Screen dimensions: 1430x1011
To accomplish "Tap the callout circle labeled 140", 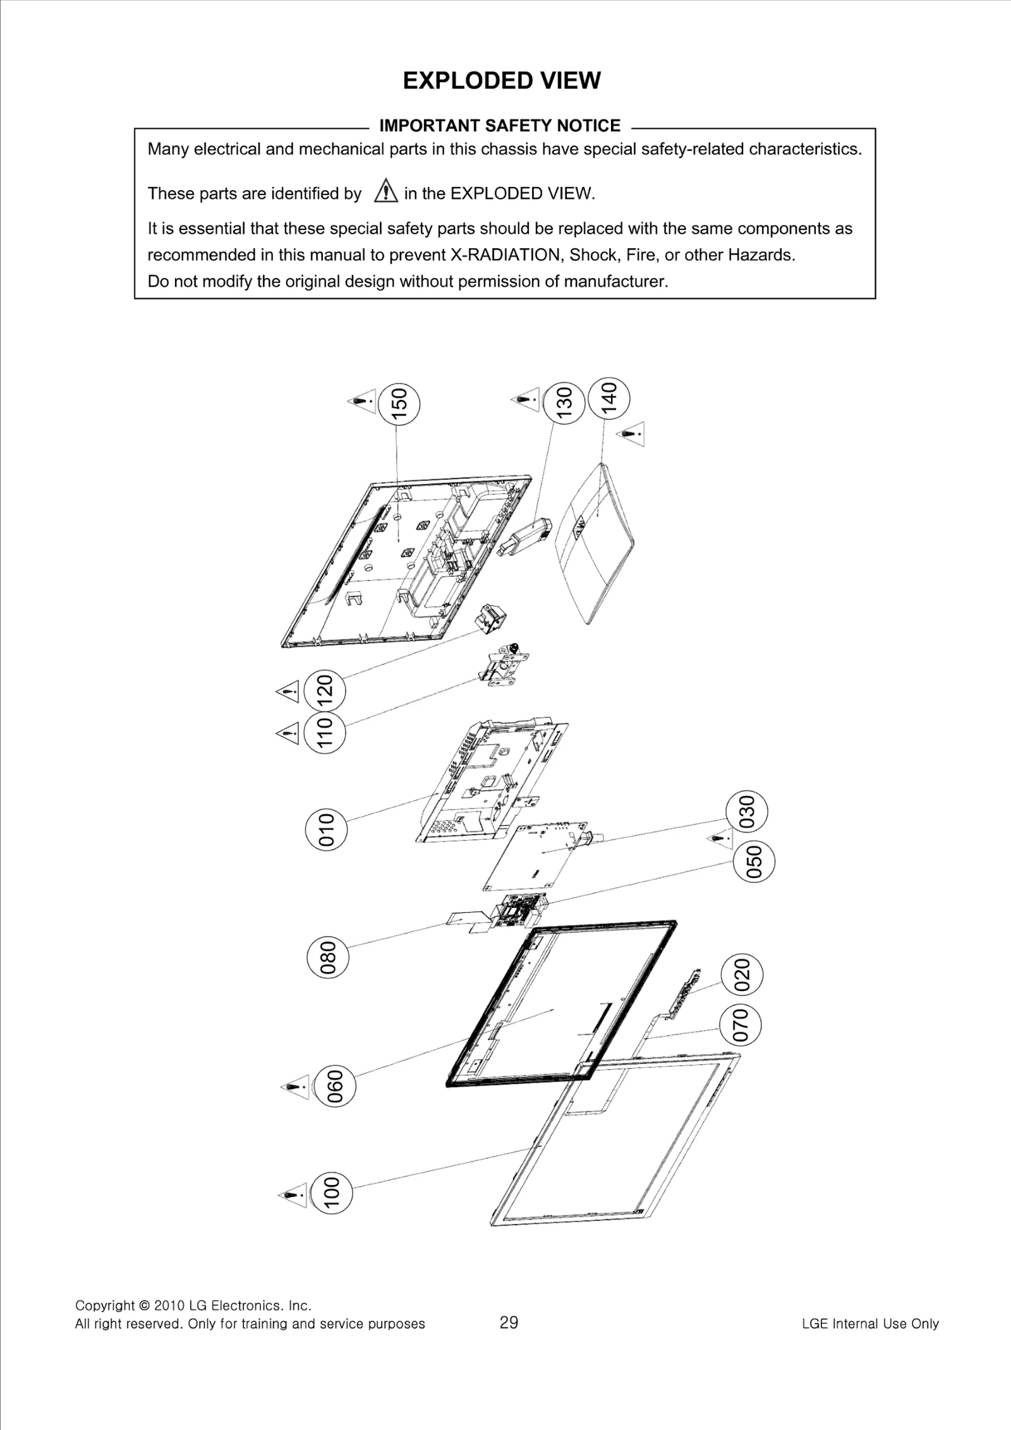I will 608,397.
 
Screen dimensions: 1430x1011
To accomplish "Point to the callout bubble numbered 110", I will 324,733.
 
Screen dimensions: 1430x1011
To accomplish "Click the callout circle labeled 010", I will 325,829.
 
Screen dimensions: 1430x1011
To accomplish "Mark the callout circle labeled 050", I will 754,863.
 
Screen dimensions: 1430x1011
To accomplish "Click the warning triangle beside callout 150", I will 363,402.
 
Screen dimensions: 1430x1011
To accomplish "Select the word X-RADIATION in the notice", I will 505,255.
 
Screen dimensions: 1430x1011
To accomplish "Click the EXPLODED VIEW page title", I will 502,81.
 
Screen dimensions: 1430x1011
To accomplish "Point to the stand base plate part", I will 594,543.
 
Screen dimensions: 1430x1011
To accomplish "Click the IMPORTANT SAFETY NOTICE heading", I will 499,126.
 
